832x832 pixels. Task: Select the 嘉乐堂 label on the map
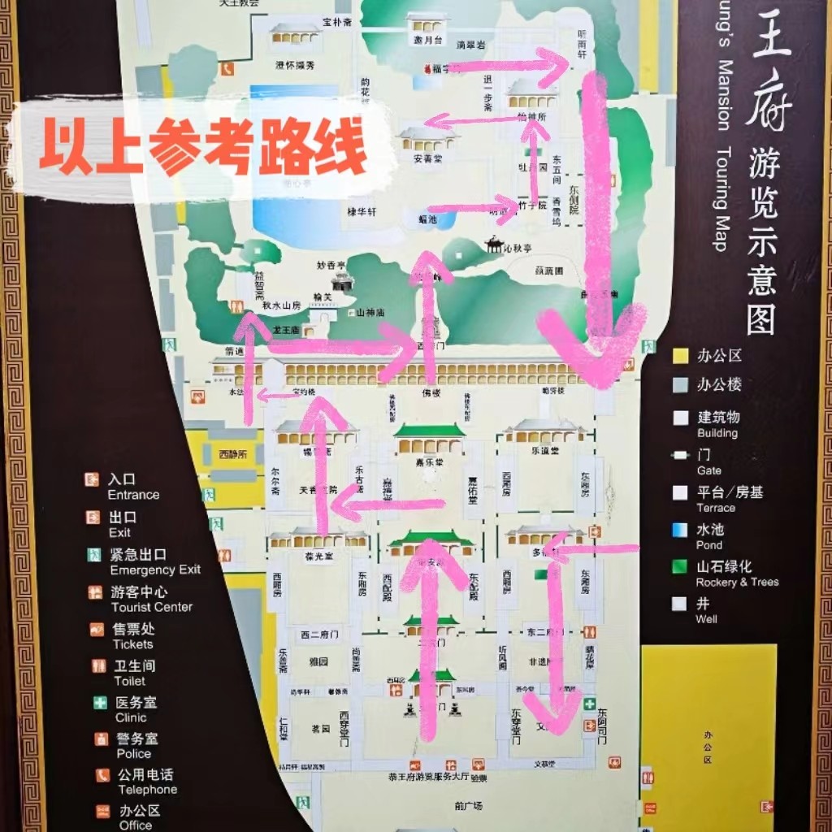(428, 461)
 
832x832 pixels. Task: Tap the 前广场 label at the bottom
(469, 806)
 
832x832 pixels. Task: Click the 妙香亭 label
(331, 266)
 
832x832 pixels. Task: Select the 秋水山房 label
(282, 306)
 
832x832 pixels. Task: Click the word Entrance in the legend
(133, 495)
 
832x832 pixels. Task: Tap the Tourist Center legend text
(151, 607)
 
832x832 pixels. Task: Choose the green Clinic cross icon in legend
(100, 703)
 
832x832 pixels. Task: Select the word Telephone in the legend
(147, 790)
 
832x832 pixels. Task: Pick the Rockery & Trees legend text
(737, 582)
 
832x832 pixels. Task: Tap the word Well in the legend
(706, 619)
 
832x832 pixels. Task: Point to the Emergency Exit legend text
(155, 570)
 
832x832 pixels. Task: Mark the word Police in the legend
(133, 753)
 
